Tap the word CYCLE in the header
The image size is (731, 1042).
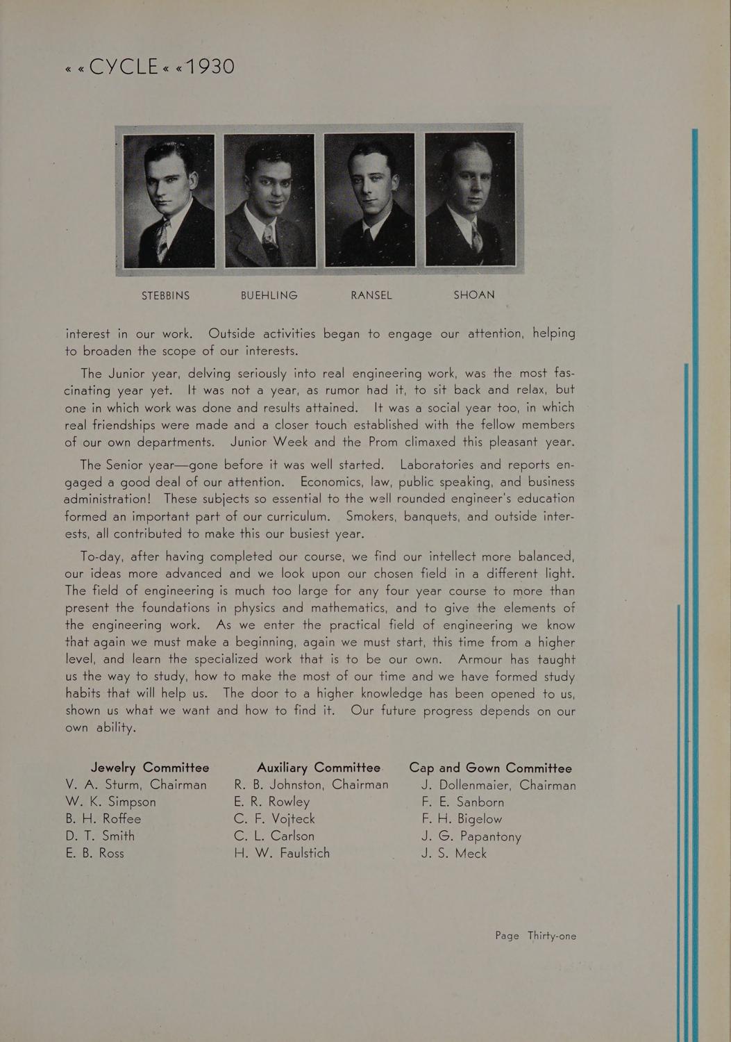click(125, 67)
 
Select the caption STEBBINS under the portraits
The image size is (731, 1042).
click(165, 295)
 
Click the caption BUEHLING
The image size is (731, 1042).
click(269, 295)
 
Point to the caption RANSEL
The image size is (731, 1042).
click(371, 295)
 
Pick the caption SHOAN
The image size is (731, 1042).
click(474, 295)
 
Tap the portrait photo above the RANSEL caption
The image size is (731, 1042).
click(369, 200)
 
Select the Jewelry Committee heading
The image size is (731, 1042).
click(150, 768)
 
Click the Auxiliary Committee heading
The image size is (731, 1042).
click(319, 768)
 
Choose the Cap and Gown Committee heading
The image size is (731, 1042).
click(491, 768)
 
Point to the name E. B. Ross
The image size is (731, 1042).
click(95, 853)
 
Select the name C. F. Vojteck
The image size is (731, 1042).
click(275, 819)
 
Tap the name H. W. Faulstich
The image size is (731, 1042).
click(283, 853)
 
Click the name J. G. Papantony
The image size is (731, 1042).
click(471, 836)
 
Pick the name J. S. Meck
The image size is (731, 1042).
click(454, 853)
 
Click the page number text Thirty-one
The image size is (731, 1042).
click(552, 936)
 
